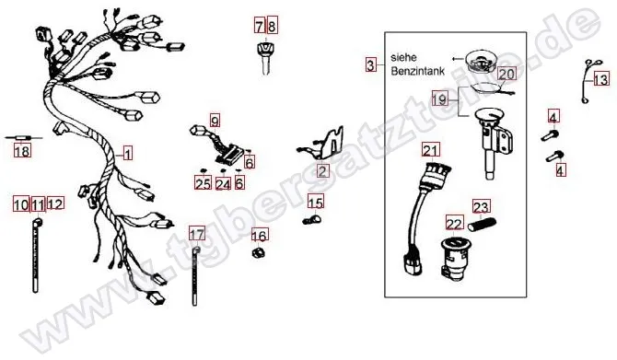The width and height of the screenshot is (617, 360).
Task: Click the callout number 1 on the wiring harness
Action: [127, 153]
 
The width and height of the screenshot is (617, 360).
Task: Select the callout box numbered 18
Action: [22, 151]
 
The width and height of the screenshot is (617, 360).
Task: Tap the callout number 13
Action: [600, 79]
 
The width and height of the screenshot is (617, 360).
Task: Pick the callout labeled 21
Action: [431, 150]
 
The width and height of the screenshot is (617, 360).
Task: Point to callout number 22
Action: [455, 223]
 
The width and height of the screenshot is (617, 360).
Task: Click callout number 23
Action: [481, 206]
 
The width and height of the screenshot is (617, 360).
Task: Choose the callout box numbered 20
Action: [506, 74]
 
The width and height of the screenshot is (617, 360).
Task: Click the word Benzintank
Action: [417, 71]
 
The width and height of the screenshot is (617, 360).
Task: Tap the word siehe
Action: [403, 57]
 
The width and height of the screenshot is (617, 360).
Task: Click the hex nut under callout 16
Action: [258, 252]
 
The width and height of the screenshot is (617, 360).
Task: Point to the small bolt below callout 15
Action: [312, 219]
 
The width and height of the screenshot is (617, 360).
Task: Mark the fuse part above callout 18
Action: [23, 138]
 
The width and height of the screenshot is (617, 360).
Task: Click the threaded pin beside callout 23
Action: [482, 225]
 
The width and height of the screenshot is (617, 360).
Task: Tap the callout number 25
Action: [203, 183]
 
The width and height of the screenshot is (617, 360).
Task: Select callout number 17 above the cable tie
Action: [197, 234]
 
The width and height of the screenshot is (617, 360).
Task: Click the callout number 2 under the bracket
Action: [322, 170]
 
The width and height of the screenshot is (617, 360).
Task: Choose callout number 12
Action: [55, 203]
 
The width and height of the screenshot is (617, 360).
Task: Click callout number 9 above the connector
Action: [215, 120]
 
